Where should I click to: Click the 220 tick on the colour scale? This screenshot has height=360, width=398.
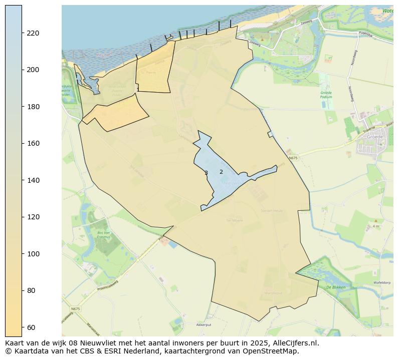(33, 33)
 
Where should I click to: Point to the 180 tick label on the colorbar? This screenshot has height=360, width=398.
(33, 107)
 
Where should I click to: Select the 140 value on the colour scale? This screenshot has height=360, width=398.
(33, 180)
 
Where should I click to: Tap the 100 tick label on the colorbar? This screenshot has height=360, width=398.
(33, 254)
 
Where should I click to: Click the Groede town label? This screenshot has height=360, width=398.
(374, 137)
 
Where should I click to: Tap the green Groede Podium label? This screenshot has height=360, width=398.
(326, 95)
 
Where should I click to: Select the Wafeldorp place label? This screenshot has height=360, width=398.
(382, 283)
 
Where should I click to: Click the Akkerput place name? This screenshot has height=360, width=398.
(204, 325)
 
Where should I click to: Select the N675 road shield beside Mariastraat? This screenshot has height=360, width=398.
(75, 309)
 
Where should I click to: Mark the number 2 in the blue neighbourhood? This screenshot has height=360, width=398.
(221, 172)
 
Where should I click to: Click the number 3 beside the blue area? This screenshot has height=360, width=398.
(206, 173)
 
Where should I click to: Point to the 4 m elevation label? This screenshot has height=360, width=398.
(375, 226)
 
